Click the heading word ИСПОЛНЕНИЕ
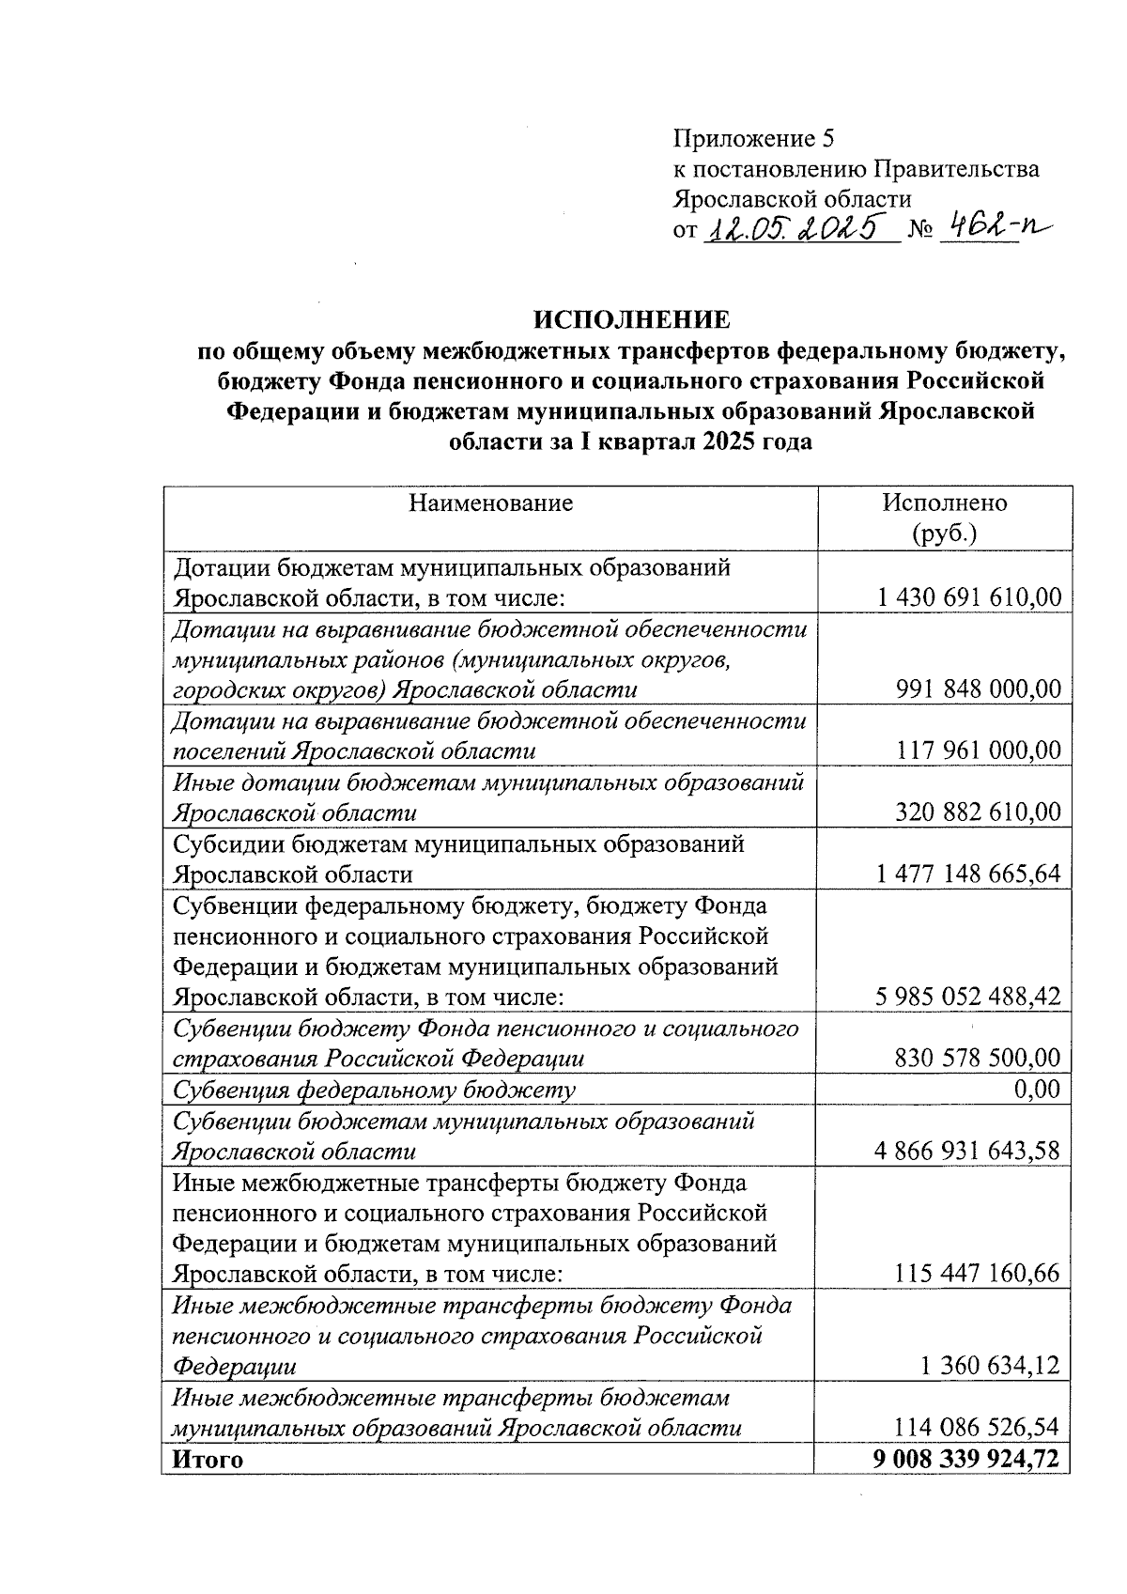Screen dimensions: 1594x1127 631,320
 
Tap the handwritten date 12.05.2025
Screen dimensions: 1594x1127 798,228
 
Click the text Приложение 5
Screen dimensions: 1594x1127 753,139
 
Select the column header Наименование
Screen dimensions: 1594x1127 490,503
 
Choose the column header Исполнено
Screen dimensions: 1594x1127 944,503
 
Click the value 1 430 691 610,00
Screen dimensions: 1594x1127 969,596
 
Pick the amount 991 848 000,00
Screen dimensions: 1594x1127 979,689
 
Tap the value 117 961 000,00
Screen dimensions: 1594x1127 979,751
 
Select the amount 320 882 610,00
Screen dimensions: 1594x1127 979,812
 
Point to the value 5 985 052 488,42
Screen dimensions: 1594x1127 968,997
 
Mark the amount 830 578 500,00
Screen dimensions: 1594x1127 978,1059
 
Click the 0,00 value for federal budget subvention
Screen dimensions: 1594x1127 1038,1090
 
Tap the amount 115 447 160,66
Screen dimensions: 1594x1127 978,1274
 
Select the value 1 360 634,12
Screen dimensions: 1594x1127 991,1366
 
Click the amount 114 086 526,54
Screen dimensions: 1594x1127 978,1428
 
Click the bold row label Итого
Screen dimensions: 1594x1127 206,1460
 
